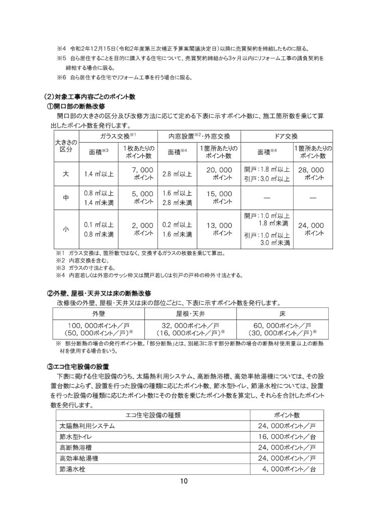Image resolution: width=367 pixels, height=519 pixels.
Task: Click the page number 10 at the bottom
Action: (x=183, y=483)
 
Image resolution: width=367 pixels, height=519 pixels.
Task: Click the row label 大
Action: (x=65, y=174)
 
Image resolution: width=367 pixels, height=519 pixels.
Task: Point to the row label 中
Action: (x=65, y=198)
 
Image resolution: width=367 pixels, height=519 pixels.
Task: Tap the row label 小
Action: (x=65, y=229)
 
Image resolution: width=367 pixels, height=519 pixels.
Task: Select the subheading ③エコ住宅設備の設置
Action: (x=80, y=366)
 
